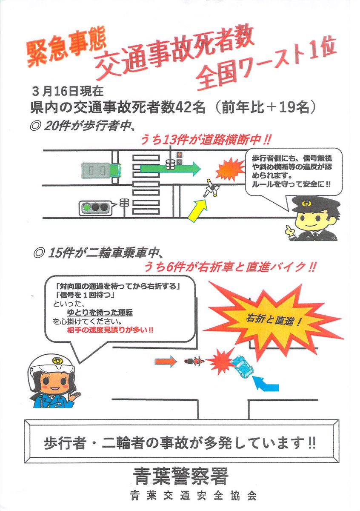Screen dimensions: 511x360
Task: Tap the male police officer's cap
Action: tap(315, 204)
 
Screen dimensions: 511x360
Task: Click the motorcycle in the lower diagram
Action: tap(194, 362)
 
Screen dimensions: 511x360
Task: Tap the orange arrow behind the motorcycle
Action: tap(165, 362)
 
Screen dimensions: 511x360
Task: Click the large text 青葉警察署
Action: tap(180, 475)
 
